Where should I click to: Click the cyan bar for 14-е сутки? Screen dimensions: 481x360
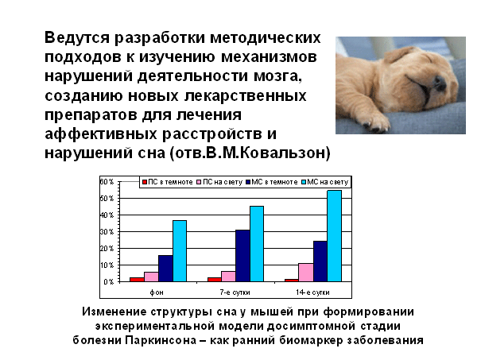[335, 236]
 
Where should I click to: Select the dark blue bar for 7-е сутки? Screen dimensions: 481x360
[242, 256]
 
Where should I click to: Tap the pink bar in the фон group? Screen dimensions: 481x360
[151, 277]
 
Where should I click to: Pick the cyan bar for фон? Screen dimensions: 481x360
[180, 251]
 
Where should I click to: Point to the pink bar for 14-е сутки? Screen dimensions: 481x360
[306, 273]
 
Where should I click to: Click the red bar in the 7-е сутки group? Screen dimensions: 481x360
[215, 280]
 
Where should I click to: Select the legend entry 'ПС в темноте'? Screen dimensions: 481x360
[168, 182]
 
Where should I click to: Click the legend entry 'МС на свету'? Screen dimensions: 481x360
[325, 182]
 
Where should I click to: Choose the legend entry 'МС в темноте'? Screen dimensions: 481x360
[272, 182]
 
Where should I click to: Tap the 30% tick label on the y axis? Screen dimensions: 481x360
[107, 232]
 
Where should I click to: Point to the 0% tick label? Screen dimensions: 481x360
[109, 282]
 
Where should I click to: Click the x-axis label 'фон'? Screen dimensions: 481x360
[157, 292]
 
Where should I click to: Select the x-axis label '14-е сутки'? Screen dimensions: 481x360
[312, 292]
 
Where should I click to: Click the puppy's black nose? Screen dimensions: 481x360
[440, 83]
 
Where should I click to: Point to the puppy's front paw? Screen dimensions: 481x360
[376, 122]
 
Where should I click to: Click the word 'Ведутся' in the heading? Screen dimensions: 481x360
[77, 38]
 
